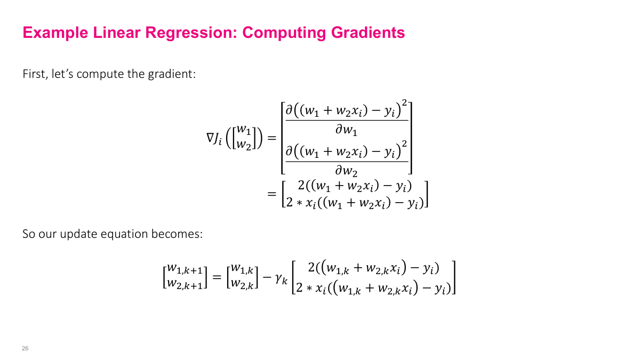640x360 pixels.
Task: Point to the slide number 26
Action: (x=25, y=348)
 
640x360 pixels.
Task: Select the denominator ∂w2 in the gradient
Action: (x=346, y=171)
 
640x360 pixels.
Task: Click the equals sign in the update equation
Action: (x=217, y=276)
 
